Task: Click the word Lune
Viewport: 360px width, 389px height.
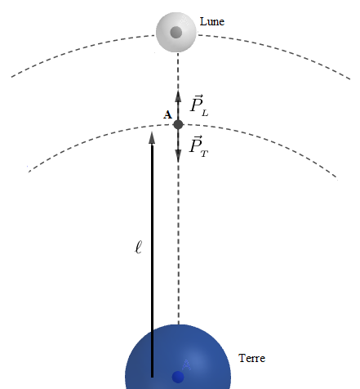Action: click(x=212, y=21)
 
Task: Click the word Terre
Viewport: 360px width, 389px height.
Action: click(x=251, y=358)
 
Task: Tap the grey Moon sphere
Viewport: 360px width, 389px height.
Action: click(x=176, y=32)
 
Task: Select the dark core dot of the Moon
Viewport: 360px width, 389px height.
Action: click(x=176, y=32)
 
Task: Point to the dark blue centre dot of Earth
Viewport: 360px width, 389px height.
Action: click(x=178, y=378)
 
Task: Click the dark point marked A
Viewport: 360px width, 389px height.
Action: click(x=178, y=124)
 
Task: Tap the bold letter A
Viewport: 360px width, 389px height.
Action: click(x=167, y=114)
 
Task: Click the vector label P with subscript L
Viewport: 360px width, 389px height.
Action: click(x=198, y=105)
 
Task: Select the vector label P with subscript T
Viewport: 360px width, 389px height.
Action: click(x=198, y=146)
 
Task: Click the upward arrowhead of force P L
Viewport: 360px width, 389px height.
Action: click(x=178, y=96)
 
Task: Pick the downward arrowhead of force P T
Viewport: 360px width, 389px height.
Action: click(x=178, y=156)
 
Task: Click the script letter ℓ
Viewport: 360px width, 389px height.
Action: click(x=139, y=247)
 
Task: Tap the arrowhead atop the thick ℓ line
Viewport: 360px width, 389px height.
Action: click(x=152, y=137)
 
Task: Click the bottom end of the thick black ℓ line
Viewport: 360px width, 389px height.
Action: click(x=152, y=378)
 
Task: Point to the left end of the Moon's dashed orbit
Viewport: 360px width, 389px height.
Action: click(x=11, y=77)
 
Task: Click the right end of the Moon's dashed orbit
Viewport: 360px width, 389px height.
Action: click(x=350, y=79)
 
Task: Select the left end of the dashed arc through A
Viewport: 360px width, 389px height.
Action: click(x=29, y=172)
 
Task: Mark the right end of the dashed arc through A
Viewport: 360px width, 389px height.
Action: click(x=337, y=179)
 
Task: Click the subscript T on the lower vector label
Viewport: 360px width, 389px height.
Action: click(x=204, y=154)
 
